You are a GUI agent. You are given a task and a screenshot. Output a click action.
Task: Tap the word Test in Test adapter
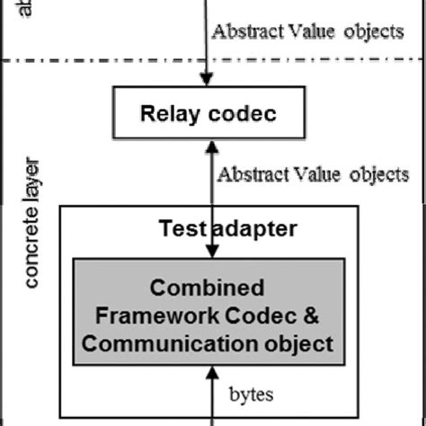(x=183, y=228)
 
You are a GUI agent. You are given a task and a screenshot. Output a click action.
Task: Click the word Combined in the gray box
(x=207, y=288)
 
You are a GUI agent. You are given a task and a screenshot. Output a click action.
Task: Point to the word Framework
(x=155, y=315)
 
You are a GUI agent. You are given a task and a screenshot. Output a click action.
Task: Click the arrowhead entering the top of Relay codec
(x=209, y=82)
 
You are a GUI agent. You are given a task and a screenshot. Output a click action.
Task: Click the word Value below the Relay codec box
(x=311, y=174)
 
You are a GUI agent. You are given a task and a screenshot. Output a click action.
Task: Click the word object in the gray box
(x=301, y=343)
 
